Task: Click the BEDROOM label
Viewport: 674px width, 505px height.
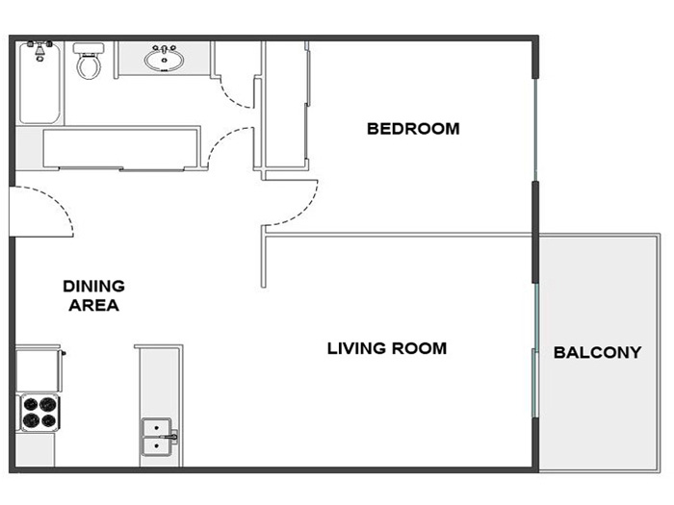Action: (413, 129)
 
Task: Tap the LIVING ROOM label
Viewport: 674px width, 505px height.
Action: (387, 348)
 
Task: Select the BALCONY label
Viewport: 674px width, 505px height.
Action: (598, 353)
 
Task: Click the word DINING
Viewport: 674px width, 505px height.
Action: (93, 286)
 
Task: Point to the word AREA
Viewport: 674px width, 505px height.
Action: (93, 305)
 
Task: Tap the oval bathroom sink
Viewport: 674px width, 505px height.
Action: (165, 59)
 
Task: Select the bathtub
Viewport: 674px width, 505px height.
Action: (39, 83)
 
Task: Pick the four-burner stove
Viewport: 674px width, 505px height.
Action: (40, 412)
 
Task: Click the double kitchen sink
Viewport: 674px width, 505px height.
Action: (156, 437)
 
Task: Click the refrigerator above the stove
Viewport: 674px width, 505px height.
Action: (39, 369)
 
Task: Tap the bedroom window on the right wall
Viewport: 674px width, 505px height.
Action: (535, 130)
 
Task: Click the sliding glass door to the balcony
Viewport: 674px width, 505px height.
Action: (535, 350)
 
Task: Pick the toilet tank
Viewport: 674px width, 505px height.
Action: (89, 48)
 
